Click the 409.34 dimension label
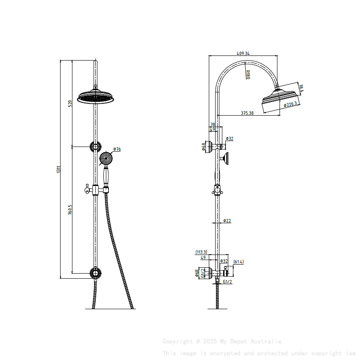[244, 54]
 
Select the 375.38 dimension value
[247, 113]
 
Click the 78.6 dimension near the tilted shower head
[301, 88]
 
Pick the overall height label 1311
[59, 169]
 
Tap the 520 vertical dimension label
[70, 103]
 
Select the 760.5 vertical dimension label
[70, 210]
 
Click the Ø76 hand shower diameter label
[117, 149]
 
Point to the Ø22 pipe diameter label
[227, 221]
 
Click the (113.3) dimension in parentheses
[201, 252]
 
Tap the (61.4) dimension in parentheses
[238, 262]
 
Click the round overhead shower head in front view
[96, 98]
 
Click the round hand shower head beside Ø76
[105, 159]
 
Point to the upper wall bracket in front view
[96, 147]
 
